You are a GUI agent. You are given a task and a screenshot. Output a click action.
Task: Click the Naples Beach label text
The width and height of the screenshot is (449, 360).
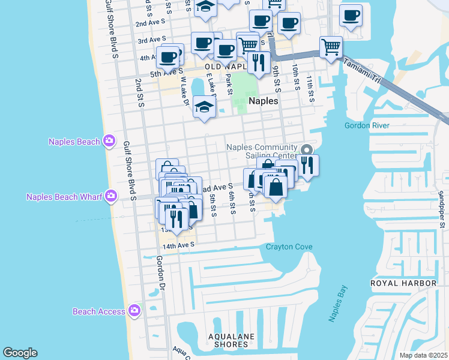[x=74, y=142]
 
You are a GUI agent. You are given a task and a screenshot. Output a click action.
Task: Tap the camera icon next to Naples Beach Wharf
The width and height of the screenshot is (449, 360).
[x=110, y=196]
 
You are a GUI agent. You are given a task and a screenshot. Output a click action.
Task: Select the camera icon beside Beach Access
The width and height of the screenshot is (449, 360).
[x=134, y=311]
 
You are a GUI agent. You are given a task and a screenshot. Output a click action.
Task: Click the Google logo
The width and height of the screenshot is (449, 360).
[x=20, y=353]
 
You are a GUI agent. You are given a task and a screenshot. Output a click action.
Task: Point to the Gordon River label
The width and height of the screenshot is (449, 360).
[x=367, y=125]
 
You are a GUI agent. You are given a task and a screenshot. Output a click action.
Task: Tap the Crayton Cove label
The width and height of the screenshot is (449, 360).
[x=289, y=247]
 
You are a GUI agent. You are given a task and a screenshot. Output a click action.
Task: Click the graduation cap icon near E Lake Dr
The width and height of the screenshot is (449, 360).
[x=204, y=107]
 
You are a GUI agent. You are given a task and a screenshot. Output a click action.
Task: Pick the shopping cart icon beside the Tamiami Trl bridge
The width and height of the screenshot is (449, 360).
[x=331, y=46]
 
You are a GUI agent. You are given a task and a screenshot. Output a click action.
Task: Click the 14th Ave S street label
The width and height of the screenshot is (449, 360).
[x=178, y=245]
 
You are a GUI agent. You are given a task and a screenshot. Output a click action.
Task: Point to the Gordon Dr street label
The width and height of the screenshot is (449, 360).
[x=160, y=274]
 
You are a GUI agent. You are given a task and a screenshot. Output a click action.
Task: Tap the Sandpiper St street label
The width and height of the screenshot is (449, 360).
[x=441, y=209]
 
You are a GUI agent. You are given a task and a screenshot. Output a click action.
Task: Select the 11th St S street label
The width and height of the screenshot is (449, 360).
[x=310, y=89]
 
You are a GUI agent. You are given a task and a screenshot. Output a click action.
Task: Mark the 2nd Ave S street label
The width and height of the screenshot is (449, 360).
[x=149, y=23]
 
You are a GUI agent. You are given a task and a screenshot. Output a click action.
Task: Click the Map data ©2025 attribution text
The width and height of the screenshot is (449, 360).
[x=423, y=355]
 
